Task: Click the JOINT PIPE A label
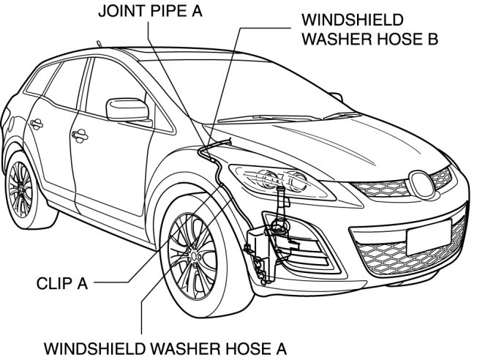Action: (x=151, y=12)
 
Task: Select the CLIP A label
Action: (x=61, y=282)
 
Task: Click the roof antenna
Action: (x=97, y=44)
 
